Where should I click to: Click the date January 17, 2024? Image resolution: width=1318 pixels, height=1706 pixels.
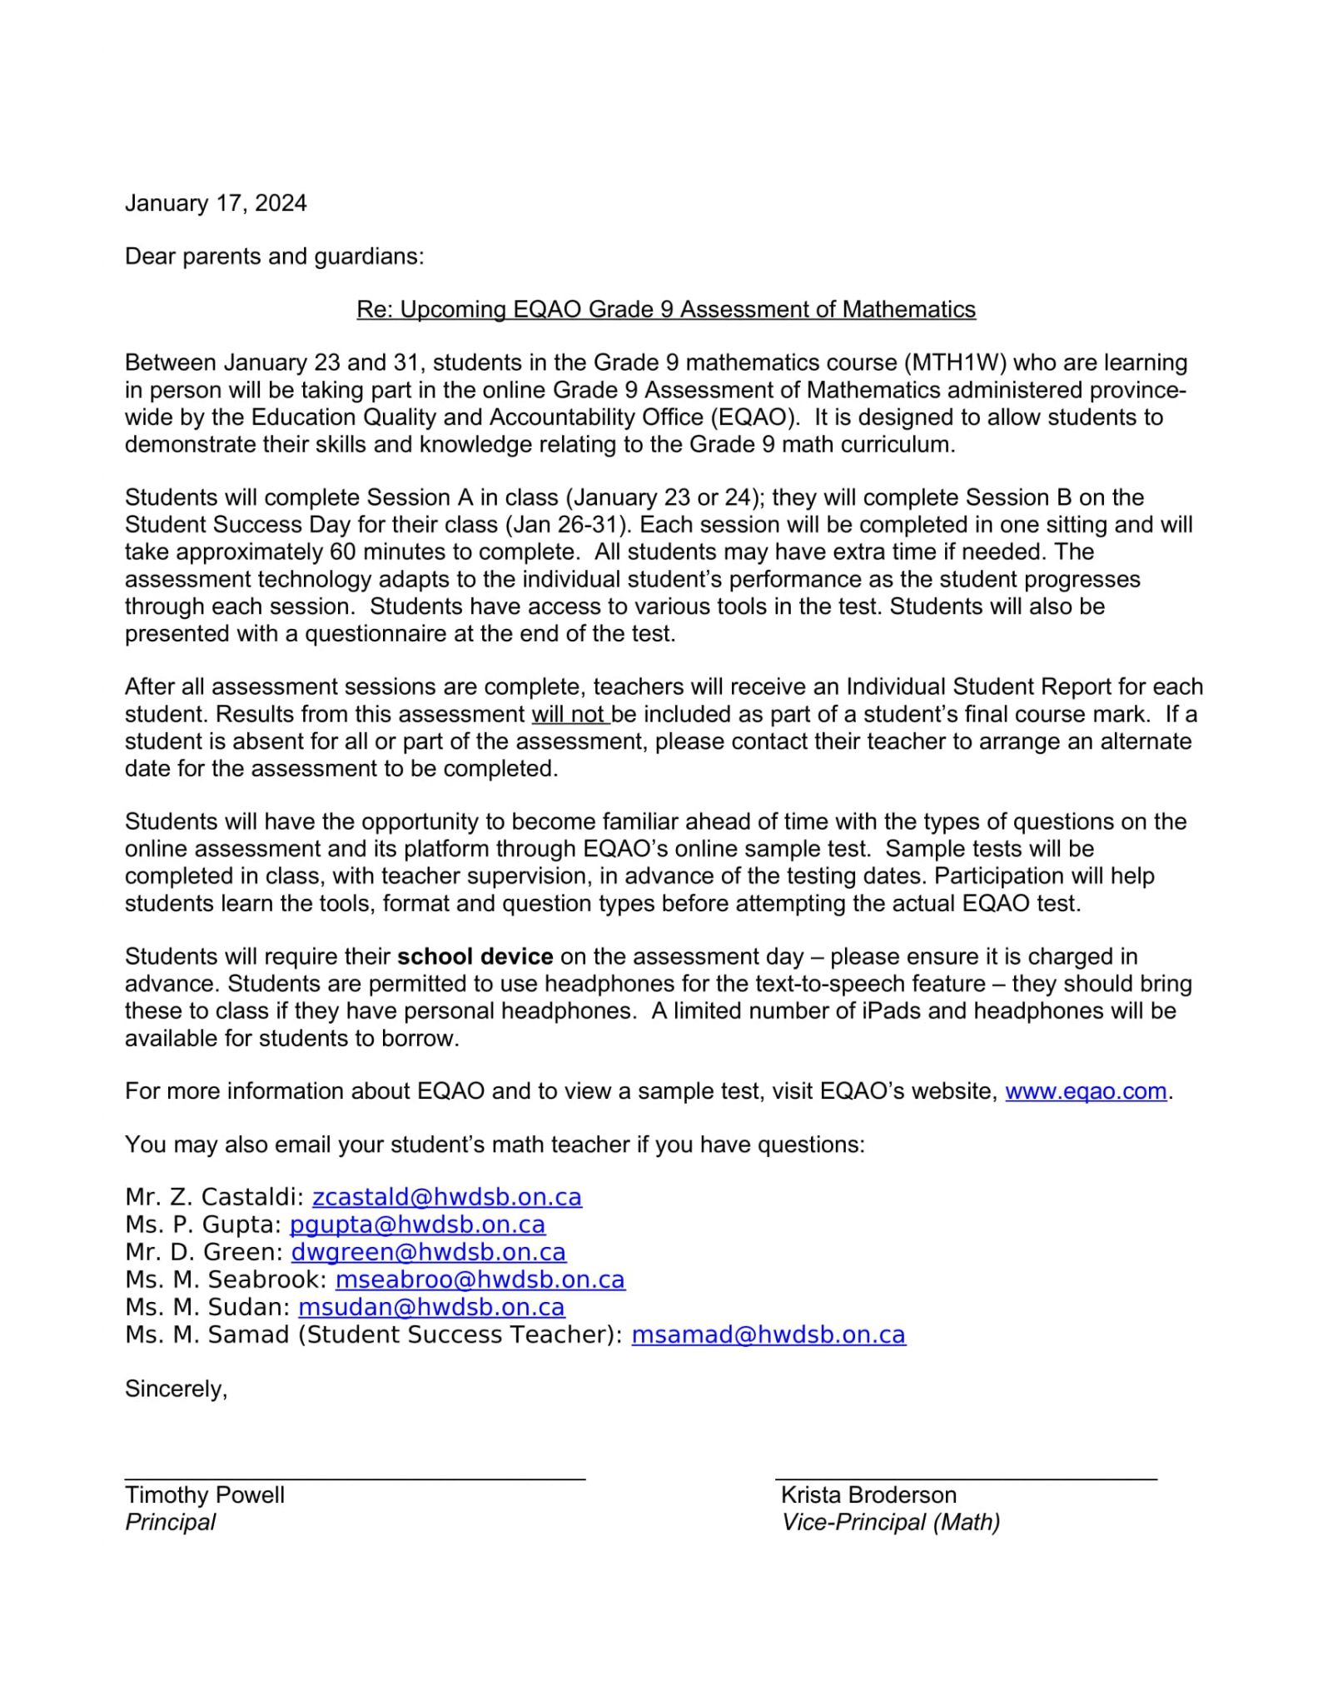(216, 203)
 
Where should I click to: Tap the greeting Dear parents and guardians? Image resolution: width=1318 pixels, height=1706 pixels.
(274, 257)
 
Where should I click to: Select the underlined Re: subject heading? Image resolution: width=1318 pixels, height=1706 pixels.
(665, 310)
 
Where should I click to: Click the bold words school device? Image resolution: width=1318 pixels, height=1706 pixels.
(475, 957)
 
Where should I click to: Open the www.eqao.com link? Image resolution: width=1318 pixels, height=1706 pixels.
(1085, 1091)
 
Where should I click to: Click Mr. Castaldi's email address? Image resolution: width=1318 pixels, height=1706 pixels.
(446, 1198)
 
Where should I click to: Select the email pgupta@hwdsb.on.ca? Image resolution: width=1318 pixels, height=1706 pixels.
(417, 1225)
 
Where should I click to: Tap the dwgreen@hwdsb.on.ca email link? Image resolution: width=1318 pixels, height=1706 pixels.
(428, 1253)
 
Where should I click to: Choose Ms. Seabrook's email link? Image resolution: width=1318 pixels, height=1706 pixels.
(480, 1280)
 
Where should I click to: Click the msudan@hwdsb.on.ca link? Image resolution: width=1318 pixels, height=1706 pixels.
(431, 1308)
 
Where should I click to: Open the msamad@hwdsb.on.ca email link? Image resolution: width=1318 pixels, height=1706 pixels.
(768, 1335)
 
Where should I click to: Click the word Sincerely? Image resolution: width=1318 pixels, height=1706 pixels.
(176, 1389)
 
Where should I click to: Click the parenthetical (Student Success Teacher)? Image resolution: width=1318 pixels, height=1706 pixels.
(460, 1335)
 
